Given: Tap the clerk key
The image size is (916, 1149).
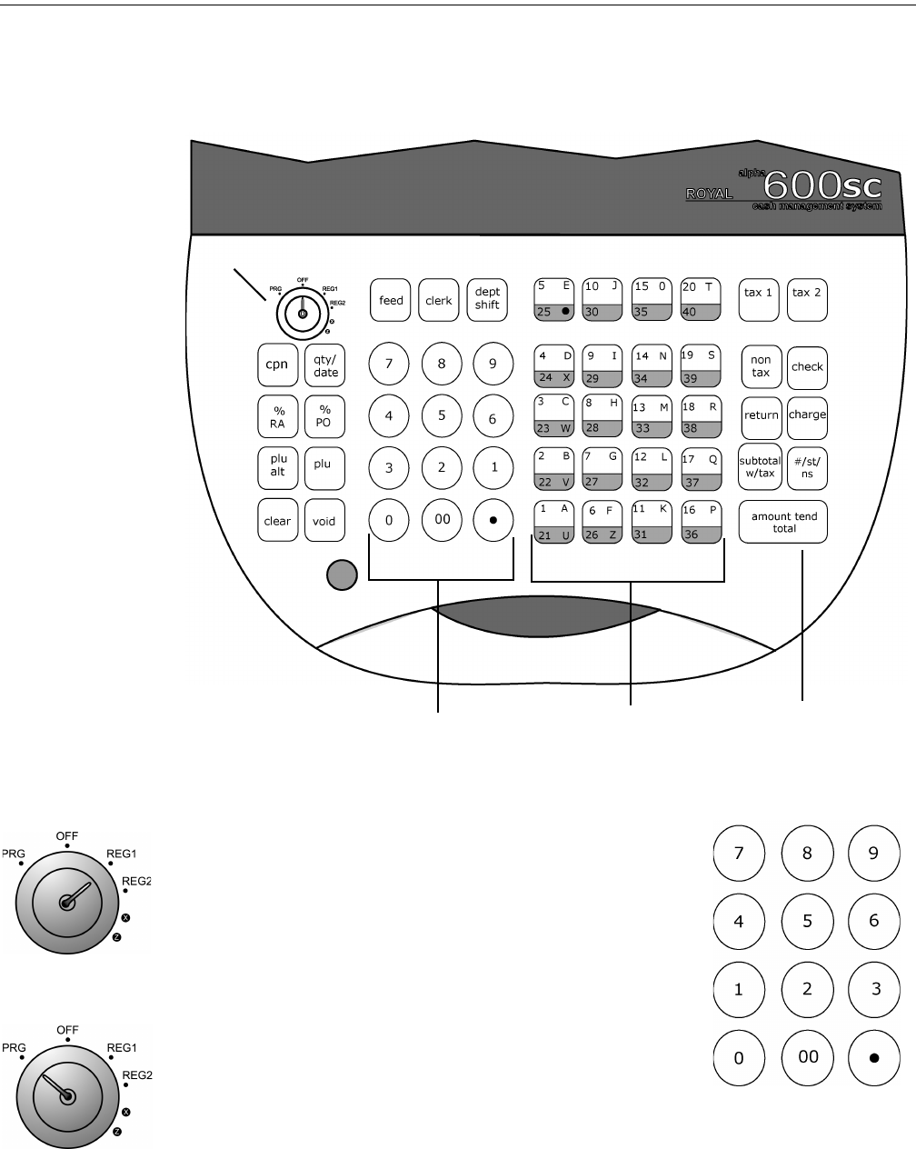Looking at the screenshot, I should (439, 300).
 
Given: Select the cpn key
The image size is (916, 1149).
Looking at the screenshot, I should (276, 365).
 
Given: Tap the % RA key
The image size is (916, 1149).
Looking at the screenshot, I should (276, 416).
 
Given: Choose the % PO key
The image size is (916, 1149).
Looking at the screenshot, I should (324, 416).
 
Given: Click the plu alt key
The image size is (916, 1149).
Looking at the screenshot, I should (276, 465).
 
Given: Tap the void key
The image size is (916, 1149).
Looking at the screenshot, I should (324, 521).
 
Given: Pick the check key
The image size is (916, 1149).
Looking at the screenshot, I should (807, 366).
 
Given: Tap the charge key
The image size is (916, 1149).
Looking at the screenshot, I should (807, 415).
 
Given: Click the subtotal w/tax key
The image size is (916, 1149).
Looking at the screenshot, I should (761, 466).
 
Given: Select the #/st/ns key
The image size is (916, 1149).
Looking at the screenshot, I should (807, 466).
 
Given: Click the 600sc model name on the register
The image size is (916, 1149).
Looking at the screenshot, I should (822, 186).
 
